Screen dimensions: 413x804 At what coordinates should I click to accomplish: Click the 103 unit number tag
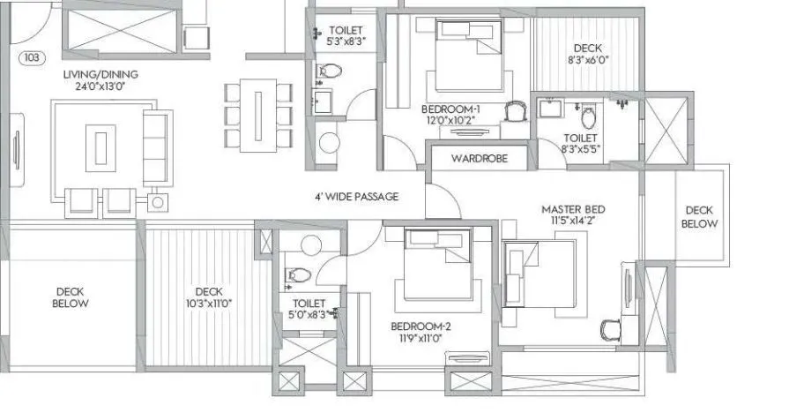33,59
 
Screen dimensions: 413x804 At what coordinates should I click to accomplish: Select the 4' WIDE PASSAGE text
357,197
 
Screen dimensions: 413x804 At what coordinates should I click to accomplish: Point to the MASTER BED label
573,209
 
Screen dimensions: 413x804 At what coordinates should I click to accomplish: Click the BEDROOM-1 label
453,111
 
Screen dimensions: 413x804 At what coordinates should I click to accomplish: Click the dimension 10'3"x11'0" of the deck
209,304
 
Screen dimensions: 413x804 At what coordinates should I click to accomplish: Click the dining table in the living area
257,114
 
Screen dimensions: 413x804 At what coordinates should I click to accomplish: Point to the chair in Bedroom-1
516,111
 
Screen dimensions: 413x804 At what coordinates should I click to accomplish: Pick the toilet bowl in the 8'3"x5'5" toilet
587,116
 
